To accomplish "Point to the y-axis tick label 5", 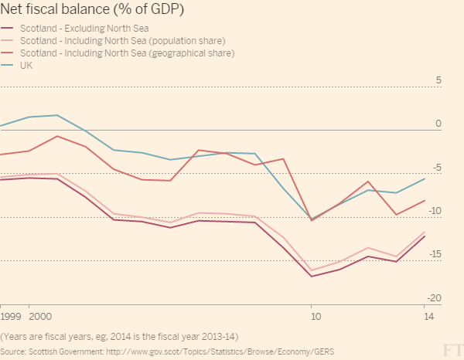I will tap(438, 80).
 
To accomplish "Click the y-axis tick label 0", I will tap(438, 124).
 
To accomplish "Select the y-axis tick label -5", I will tap(436, 168).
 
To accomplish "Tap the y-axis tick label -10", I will tap(435, 211).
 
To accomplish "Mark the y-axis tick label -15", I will tap(435, 255).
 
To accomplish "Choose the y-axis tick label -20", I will tap(435, 298).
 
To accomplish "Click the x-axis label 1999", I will tap(11, 318).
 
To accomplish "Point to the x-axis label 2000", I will tap(40, 318).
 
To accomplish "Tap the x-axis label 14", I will tap(426, 318).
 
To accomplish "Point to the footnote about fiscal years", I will tap(119, 336).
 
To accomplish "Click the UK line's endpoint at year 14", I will tap(425, 178).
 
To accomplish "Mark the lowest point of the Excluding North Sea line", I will tap(312, 276).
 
